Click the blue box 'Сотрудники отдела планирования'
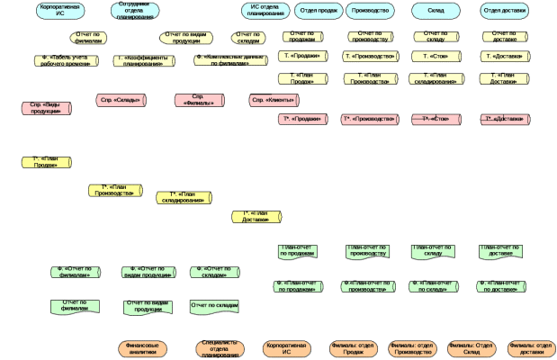pos(136,11)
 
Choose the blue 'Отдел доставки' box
pos(504,11)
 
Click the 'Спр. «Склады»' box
pos(121,100)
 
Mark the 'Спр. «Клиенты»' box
pos(274,100)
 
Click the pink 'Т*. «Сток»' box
pos(435,119)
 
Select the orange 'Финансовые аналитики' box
pos(143,348)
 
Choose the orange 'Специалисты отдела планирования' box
pos(220,349)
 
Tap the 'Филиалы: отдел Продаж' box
pos(353,348)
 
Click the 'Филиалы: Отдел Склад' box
pos(472,348)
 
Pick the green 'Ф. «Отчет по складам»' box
pos(214,272)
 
